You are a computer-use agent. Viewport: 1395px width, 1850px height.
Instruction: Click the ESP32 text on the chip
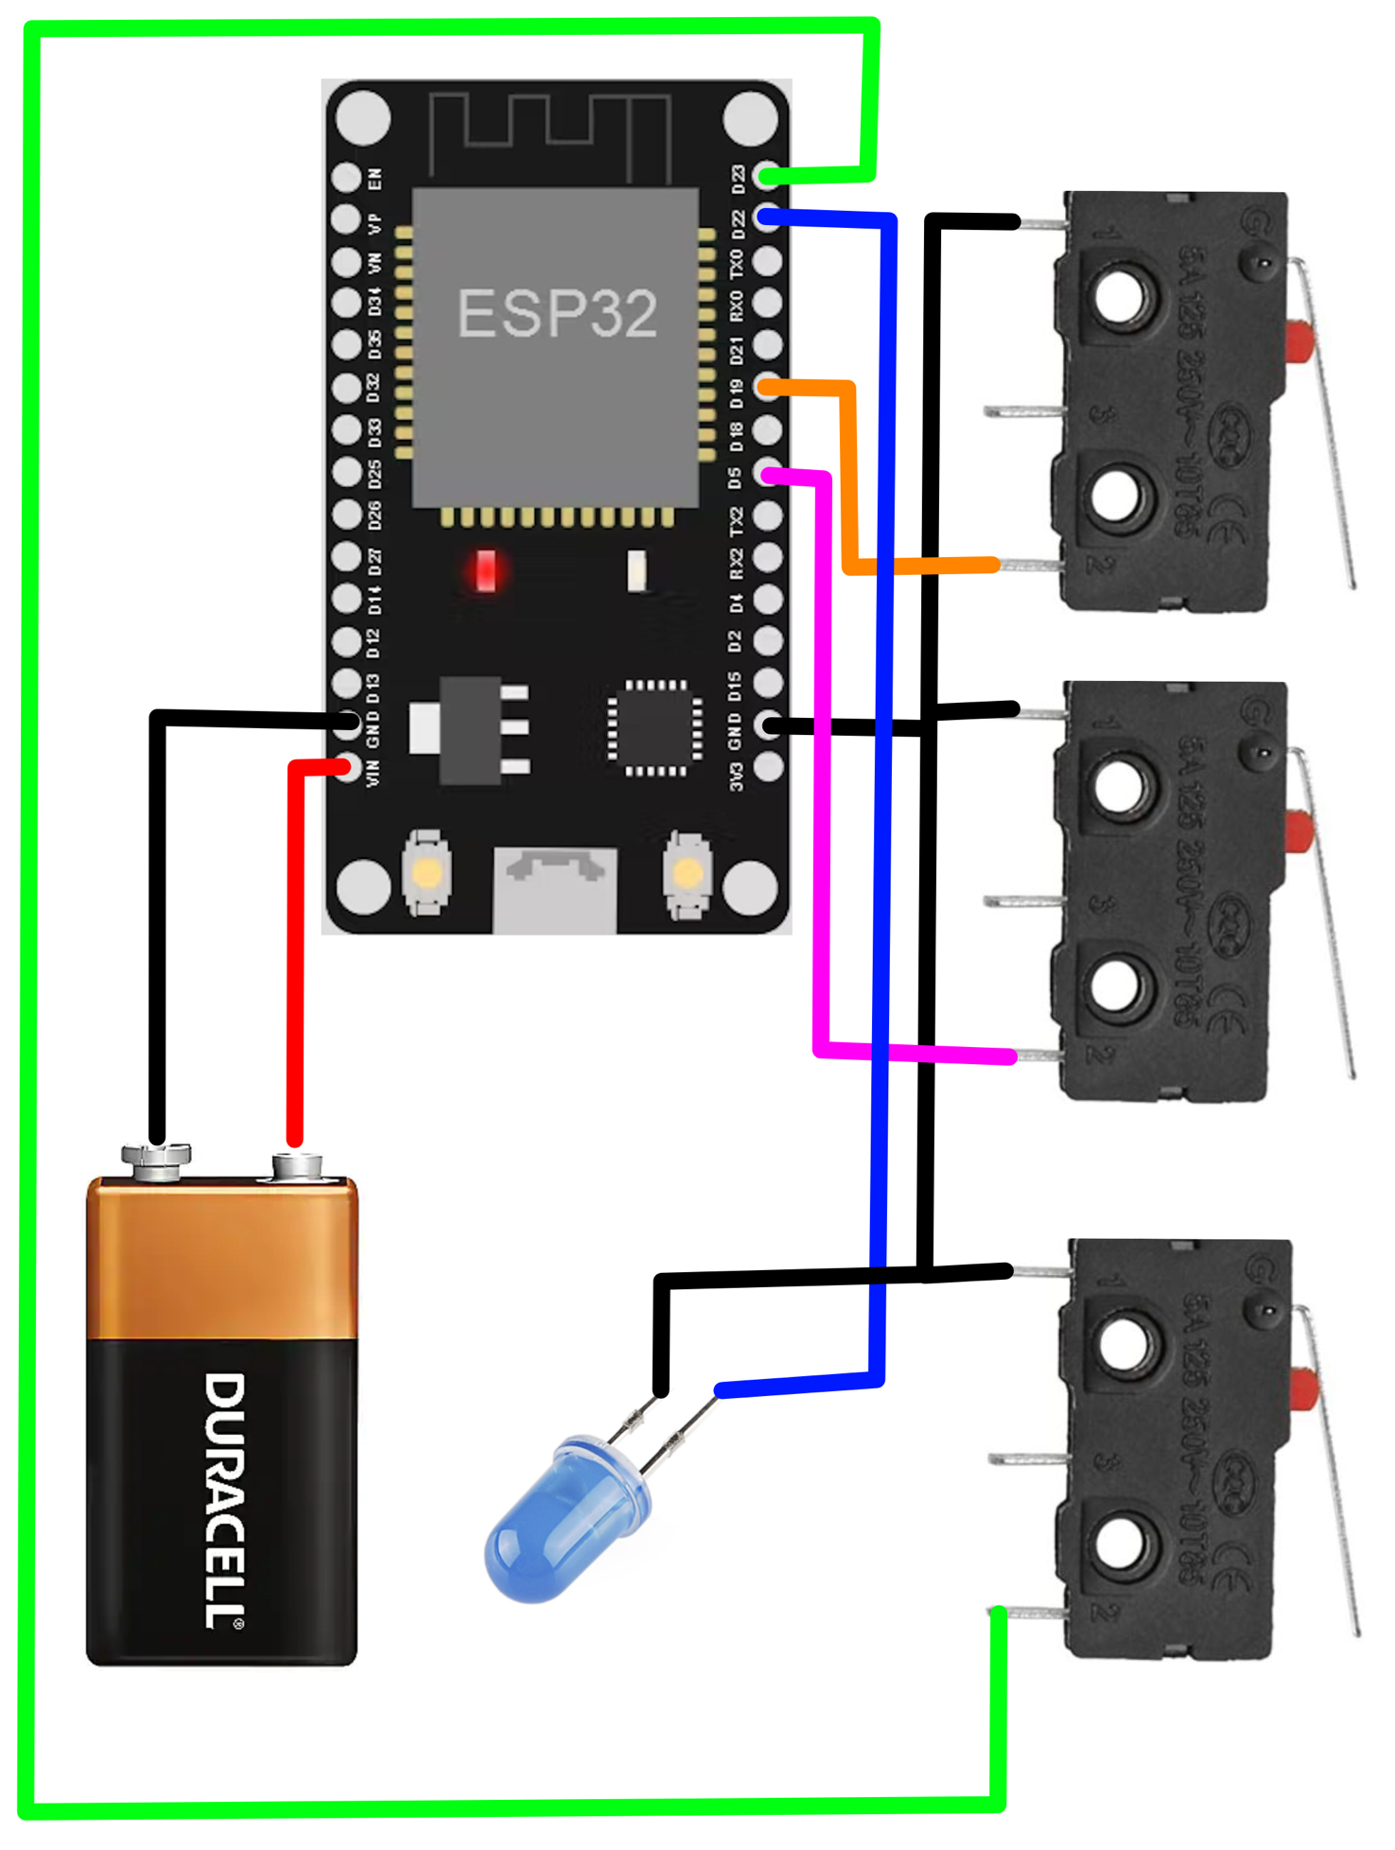(556, 313)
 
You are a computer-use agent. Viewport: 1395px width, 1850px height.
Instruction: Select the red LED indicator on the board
(485, 571)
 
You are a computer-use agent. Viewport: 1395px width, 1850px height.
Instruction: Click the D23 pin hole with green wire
(767, 176)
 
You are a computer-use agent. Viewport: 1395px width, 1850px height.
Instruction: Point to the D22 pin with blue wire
(767, 218)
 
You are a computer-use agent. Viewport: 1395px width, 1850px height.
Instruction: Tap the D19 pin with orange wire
(767, 386)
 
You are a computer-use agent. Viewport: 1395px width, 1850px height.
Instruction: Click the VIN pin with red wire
(347, 767)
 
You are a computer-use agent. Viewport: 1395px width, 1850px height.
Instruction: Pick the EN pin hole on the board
(346, 177)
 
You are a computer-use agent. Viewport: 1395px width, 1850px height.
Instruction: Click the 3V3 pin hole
(768, 767)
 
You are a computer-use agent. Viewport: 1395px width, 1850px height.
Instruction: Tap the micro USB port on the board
(555, 889)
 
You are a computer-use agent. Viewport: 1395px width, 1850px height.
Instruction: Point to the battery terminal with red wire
(296, 1164)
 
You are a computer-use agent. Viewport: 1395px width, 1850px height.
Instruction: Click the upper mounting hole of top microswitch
(1120, 297)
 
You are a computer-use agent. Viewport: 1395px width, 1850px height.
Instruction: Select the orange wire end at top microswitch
(993, 566)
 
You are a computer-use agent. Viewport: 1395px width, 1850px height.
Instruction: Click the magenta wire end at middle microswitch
(1010, 1056)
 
